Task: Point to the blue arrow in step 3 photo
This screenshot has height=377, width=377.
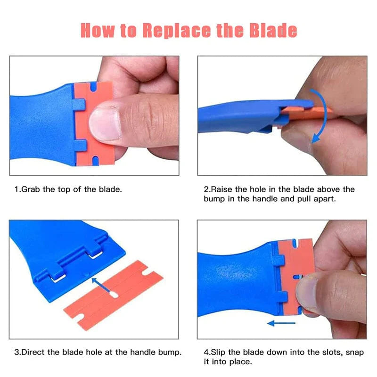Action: [102, 285]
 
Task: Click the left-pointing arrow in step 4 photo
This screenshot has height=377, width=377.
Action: [281, 323]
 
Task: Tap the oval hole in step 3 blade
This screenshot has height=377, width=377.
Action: [113, 295]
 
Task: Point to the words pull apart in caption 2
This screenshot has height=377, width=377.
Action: [312, 199]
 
